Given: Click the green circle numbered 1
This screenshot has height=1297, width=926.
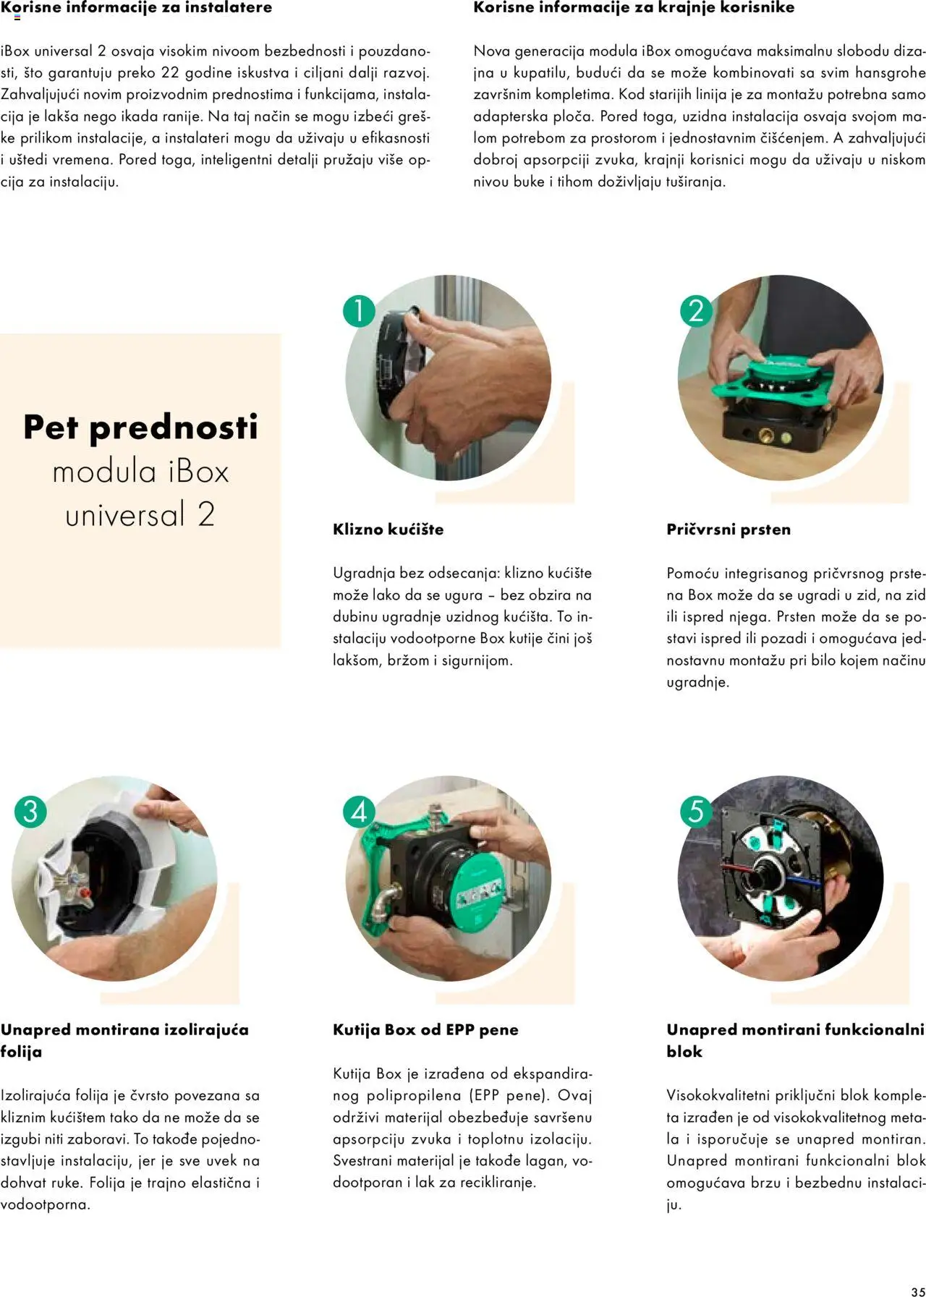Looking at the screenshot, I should point(359,311).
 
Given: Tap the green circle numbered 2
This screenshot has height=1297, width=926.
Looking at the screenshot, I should point(696,311).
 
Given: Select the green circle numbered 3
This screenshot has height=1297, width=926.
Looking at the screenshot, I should point(30,811).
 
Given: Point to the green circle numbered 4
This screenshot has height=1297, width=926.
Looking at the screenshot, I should point(359,812).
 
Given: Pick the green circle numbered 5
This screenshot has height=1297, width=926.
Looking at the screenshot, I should point(696,811).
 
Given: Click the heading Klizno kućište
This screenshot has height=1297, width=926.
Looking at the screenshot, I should point(388,530).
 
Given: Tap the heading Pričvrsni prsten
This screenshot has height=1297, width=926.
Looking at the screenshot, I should point(728,530).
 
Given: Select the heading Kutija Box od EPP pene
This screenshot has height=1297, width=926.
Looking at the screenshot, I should point(425,1030).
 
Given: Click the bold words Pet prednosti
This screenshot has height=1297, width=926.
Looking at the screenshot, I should point(140,428).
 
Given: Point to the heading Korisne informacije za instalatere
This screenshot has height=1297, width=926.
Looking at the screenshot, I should point(136,8).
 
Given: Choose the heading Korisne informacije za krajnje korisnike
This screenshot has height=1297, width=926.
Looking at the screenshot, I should point(634,8).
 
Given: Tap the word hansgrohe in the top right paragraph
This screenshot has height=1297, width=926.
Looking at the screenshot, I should point(890,73).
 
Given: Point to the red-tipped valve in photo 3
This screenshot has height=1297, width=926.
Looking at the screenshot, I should point(86,893).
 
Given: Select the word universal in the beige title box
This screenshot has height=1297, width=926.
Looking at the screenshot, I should point(125,515).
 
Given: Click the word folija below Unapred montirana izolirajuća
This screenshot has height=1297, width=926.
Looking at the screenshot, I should point(21,1052).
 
